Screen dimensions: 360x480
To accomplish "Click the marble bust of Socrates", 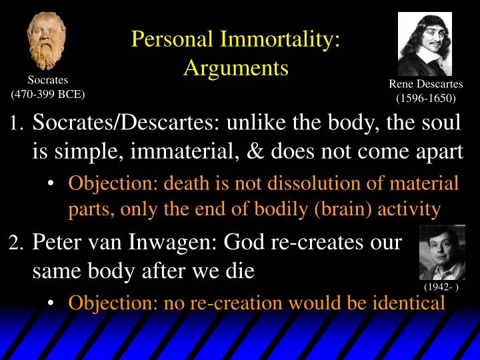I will click(x=47, y=41).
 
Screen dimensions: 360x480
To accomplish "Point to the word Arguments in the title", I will click(x=236, y=67).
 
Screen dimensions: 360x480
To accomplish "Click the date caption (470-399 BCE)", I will click(x=48, y=94).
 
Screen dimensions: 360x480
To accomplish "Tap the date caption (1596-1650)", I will click(x=425, y=99).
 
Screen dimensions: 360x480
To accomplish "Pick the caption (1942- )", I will click(x=442, y=287).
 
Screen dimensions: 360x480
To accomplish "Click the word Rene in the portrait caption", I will click(x=403, y=84).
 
